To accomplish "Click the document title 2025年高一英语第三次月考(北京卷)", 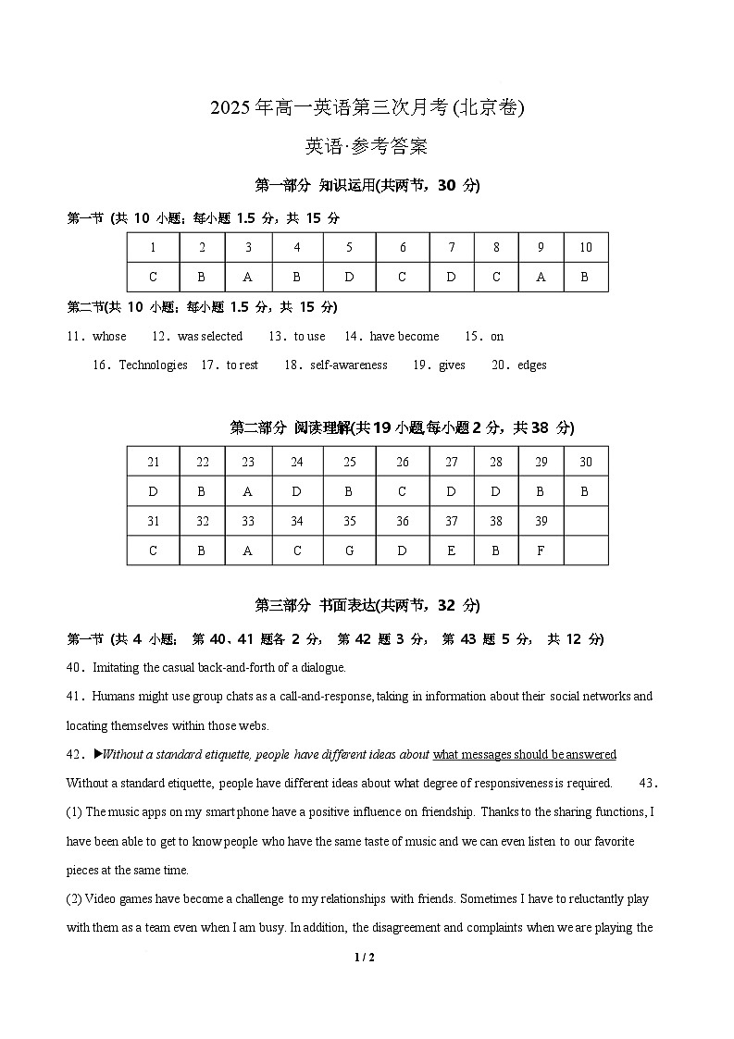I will tap(367, 107).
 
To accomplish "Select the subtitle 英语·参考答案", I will tap(367, 146).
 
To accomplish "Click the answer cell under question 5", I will tap(349, 277).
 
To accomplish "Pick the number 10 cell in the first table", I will tap(585, 247).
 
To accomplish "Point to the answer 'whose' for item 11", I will tap(109, 336).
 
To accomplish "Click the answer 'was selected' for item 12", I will tap(209, 336).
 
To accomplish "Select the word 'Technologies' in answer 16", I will tap(153, 365).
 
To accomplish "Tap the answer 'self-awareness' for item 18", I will tap(349, 365).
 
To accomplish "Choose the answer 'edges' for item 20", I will tap(532, 365).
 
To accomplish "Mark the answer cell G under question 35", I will tap(349, 550).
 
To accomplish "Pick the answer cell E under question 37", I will tap(451, 550).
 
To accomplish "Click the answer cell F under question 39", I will tap(541, 550).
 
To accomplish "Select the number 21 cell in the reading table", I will tap(153, 462).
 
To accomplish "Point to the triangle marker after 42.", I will tap(96, 754).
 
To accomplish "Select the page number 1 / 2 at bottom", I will tap(367, 958).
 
